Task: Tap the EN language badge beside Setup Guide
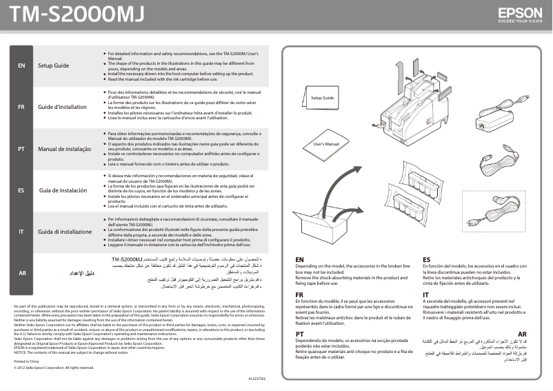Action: (x=21, y=66)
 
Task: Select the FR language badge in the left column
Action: (x=21, y=107)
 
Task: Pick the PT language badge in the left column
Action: (x=21, y=148)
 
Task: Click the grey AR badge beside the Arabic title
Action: (x=21, y=273)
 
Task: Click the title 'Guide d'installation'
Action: (x=62, y=107)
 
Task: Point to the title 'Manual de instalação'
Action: (x=64, y=148)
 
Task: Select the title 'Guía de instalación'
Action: (x=63, y=190)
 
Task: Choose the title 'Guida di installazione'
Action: (x=65, y=232)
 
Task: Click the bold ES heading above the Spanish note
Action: (x=427, y=259)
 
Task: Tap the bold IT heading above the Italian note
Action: (x=426, y=294)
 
